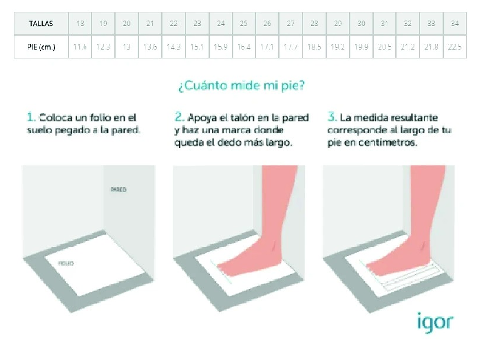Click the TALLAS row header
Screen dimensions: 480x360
click(x=41, y=24)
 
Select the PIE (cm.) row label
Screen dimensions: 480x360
click(x=41, y=47)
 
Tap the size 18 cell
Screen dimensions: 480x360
click(x=80, y=24)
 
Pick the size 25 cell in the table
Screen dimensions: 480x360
click(x=244, y=24)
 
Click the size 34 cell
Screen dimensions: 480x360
click(x=455, y=24)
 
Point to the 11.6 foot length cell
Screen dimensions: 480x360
click(x=80, y=47)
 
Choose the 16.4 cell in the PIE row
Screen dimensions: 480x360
click(x=244, y=47)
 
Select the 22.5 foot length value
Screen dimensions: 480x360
click(x=455, y=47)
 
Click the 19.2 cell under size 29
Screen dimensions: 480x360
click(x=338, y=47)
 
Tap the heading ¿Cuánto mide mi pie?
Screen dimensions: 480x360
click(x=242, y=85)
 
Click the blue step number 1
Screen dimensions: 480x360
click(x=31, y=117)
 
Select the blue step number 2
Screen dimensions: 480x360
click(x=179, y=117)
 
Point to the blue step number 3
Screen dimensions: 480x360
click(x=332, y=117)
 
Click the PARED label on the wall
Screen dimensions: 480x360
click(x=118, y=190)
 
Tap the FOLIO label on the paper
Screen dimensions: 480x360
click(x=66, y=263)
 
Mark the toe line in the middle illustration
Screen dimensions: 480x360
click(x=221, y=271)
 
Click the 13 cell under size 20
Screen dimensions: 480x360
click(x=126, y=47)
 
